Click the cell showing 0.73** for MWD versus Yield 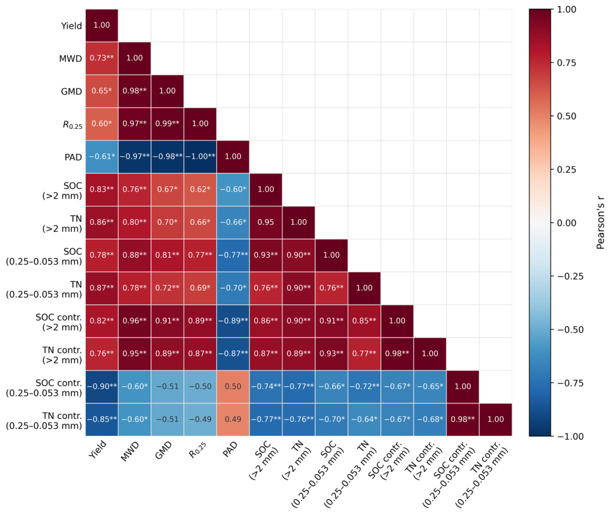pyautogui.click(x=101, y=58)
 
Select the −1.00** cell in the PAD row pyautogui.click(x=200, y=157)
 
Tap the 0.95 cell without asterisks pyautogui.click(x=266, y=223)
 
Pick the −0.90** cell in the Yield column pyautogui.click(x=101, y=387)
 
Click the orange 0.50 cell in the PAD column pyautogui.click(x=233, y=387)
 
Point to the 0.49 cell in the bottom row pyautogui.click(x=233, y=420)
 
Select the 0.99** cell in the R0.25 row pyautogui.click(x=167, y=124)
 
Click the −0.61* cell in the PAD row pyautogui.click(x=101, y=157)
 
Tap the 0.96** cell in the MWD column pyautogui.click(x=135, y=321)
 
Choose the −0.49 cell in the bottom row pyautogui.click(x=200, y=420)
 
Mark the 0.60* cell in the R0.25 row pyautogui.click(x=101, y=124)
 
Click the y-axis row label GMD pyautogui.click(x=72, y=92)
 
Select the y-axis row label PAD pyautogui.click(x=73, y=157)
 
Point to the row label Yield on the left pyautogui.click(x=72, y=26)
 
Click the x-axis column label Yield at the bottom pyautogui.click(x=97, y=450)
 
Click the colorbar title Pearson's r pyautogui.click(x=600, y=223)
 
